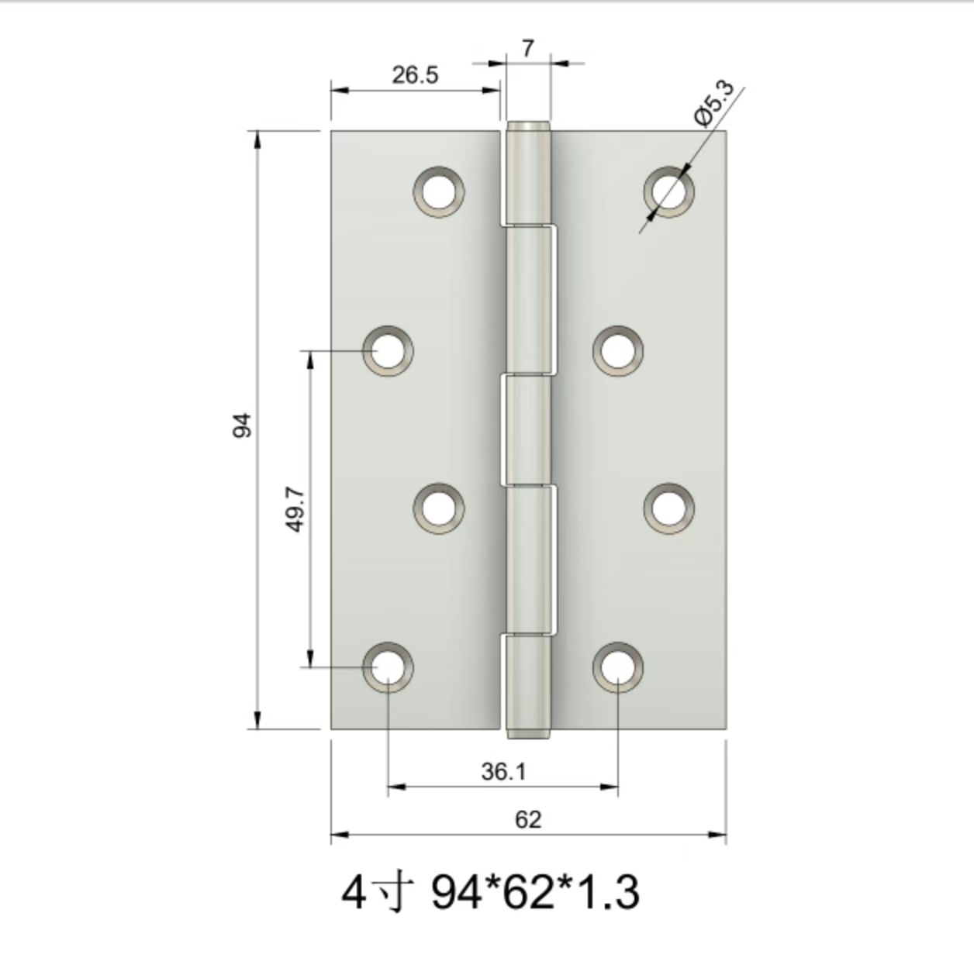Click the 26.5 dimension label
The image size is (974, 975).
414,75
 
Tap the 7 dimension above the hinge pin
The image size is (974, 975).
528,49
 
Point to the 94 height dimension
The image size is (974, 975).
243,425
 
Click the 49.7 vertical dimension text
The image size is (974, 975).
295,509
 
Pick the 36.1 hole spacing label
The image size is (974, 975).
503,771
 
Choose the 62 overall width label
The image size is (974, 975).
528,819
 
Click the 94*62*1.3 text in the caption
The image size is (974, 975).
535,892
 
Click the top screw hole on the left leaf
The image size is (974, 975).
439,191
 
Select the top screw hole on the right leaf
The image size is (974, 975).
669,191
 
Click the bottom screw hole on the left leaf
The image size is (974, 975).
388,667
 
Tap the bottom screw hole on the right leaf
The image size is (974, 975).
618,667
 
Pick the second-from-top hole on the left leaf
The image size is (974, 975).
388,350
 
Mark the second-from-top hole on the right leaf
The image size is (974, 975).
618,350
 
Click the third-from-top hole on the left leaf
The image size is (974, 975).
439,508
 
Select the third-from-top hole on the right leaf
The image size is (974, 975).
669,508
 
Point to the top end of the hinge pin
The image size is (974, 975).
528,126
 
